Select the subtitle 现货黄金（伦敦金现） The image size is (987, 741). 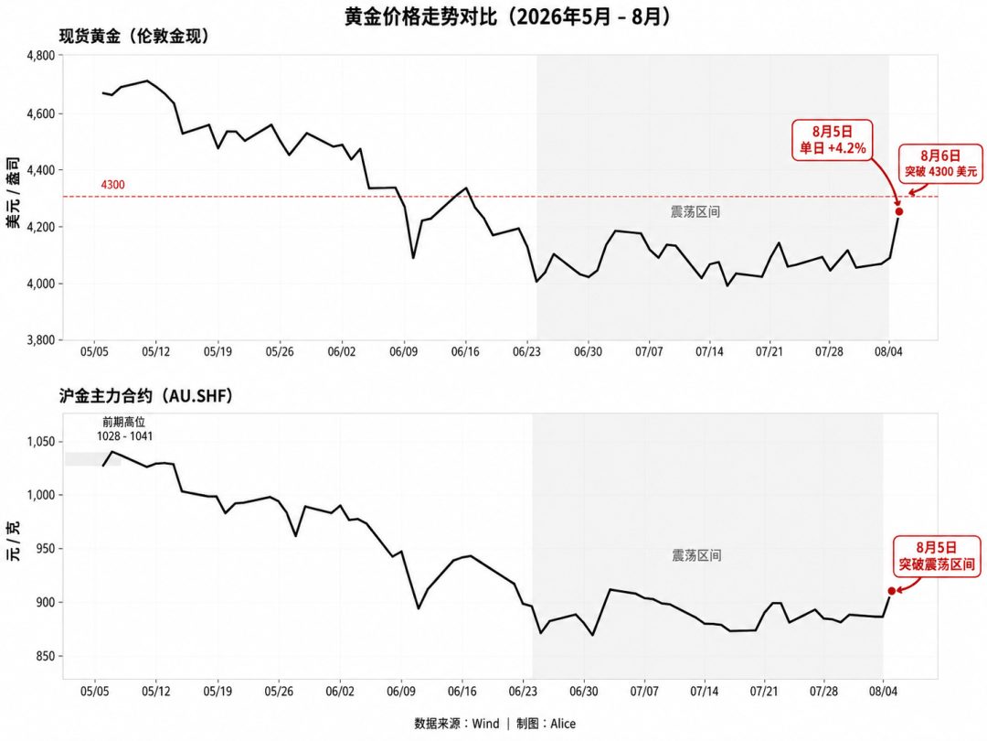[134, 37]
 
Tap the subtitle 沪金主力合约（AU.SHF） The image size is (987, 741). [146, 396]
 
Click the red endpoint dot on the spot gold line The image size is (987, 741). [899, 211]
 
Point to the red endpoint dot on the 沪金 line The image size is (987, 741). [891, 591]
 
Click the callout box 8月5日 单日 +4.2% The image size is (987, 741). [833, 140]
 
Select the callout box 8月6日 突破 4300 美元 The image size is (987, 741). [940, 164]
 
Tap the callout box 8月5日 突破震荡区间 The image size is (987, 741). [937, 556]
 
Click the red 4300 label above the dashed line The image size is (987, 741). [112, 185]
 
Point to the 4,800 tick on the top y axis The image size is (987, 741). [41, 56]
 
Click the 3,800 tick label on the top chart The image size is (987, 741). [41, 340]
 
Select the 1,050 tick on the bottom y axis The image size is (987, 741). [41, 442]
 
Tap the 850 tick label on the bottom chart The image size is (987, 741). [46, 657]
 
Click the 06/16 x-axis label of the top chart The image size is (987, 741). [465, 351]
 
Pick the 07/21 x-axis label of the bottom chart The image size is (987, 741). [763, 692]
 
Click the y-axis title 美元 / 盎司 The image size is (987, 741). [13, 193]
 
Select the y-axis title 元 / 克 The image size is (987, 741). [13, 542]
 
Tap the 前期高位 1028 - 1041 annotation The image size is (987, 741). [124, 429]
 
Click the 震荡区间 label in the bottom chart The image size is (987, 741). [696, 556]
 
